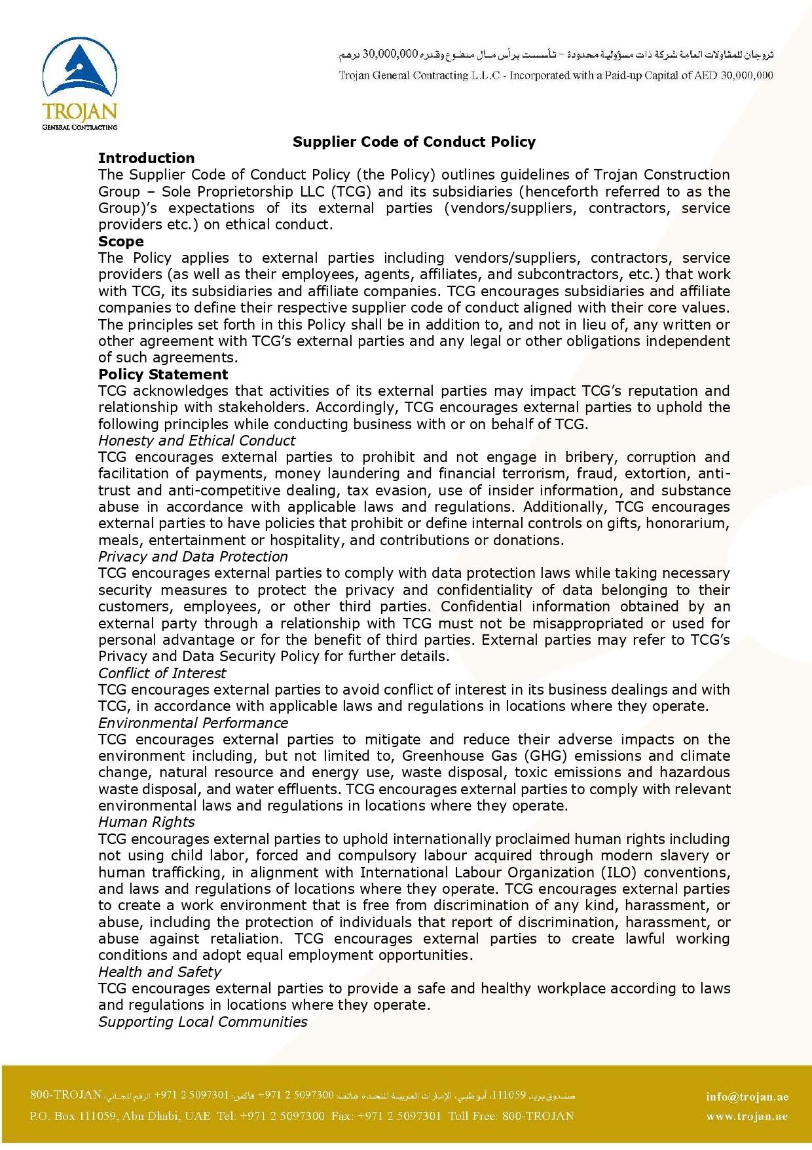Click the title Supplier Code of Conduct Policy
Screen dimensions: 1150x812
[x=414, y=142]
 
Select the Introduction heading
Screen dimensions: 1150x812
[x=146, y=158]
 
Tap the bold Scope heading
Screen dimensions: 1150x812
[x=120, y=241]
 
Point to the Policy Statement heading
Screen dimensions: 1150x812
[x=163, y=374]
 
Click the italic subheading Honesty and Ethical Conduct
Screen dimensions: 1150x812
[x=196, y=440]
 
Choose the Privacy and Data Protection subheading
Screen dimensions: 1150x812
[x=193, y=556]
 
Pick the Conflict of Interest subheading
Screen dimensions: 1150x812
[x=162, y=673]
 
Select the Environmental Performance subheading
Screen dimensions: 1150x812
[x=193, y=723]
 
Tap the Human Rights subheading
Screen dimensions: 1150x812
[x=146, y=822]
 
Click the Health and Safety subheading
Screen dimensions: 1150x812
[x=159, y=972]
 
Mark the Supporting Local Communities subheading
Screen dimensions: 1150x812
[x=202, y=1022]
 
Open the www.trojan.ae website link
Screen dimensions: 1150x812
[x=747, y=1117]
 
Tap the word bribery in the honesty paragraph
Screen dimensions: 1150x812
[x=587, y=457]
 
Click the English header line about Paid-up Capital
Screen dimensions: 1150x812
[x=555, y=75]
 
